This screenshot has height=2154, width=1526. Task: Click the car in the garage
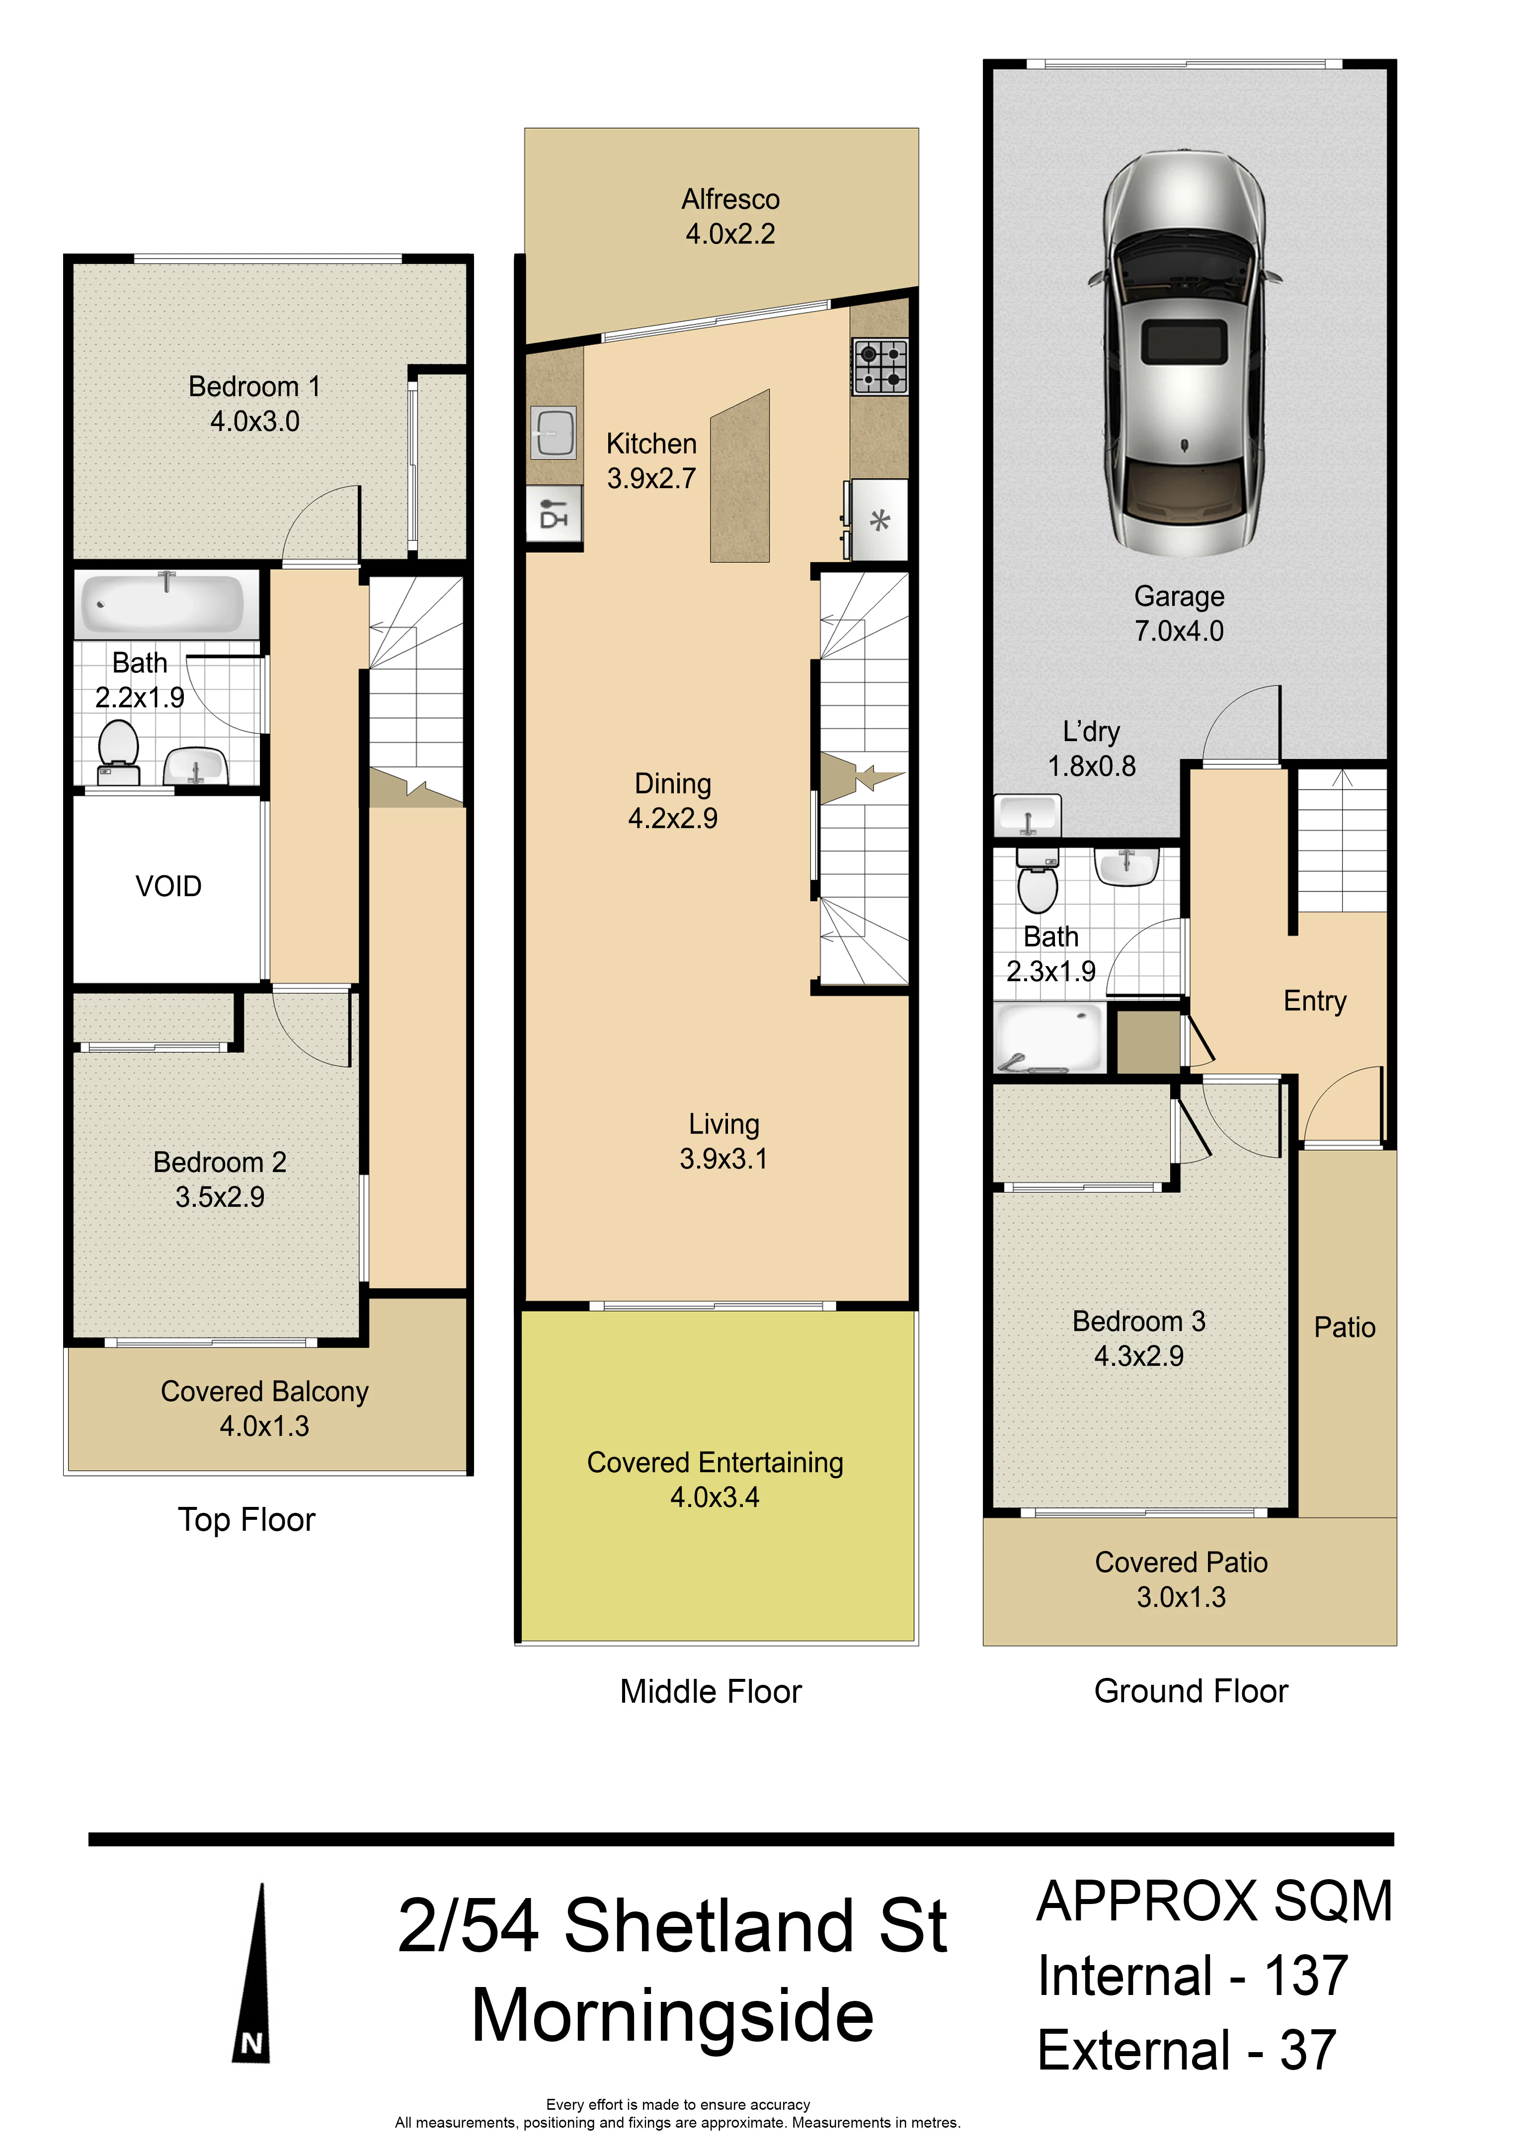(1185, 352)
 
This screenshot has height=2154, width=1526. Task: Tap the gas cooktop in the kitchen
(881, 366)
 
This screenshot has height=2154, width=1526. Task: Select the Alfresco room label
(730, 199)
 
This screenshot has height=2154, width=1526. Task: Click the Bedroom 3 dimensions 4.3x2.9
(1139, 1356)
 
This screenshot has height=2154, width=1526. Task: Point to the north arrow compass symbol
(252, 1974)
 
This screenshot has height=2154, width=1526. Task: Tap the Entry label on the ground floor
(1315, 1002)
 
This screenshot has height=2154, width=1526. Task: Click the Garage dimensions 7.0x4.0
(1179, 631)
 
